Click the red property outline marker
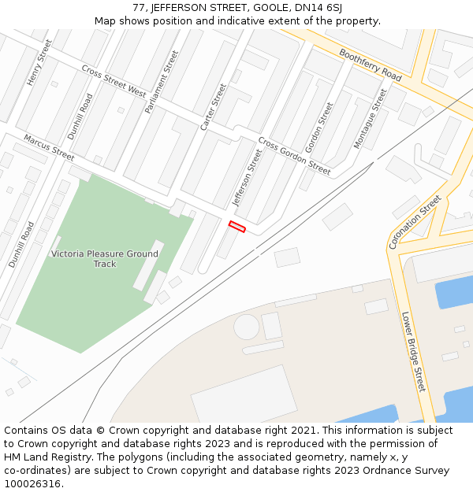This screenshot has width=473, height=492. pyautogui.click(x=236, y=227)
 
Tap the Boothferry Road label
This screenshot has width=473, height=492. pyautogui.click(x=371, y=65)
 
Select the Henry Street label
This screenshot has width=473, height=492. pyautogui.click(x=39, y=62)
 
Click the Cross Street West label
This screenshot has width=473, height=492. pyautogui.click(x=114, y=81)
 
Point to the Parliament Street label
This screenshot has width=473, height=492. pyautogui.click(x=162, y=82)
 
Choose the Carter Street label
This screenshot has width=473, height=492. pyautogui.click(x=213, y=107)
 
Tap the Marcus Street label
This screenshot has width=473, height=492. pyautogui.click(x=49, y=147)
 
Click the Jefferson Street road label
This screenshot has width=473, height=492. pyautogui.click(x=246, y=178)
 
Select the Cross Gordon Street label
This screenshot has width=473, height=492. pyautogui.click(x=294, y=156)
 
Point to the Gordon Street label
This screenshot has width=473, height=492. pyautogui.click(x=319, y=127)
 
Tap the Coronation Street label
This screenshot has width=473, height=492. pyautogui.click(x=415, y=222)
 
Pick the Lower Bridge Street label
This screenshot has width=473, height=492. pyautogui.click(x=413, y=352)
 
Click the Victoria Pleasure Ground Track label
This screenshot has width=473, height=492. pyautogui.click(x=104, y=259)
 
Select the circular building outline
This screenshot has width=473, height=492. pyautogui.click(x=247, y=327)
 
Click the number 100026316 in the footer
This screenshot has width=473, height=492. pyautogui.click(x=31, y=483)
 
